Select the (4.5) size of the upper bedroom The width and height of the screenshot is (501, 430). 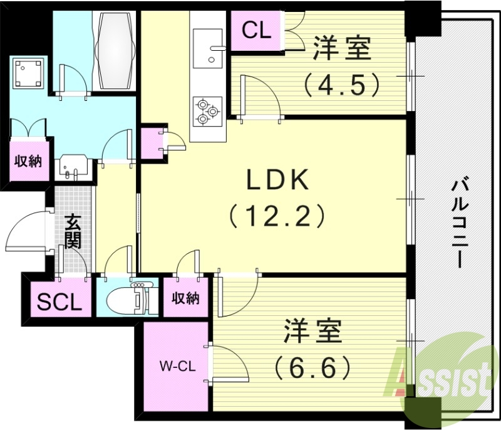coord(342,84)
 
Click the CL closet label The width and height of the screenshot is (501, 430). coord(256,31)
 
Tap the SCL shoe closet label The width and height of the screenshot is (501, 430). coord(59,303)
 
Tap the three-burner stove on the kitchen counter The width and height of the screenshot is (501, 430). coord(207,110)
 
